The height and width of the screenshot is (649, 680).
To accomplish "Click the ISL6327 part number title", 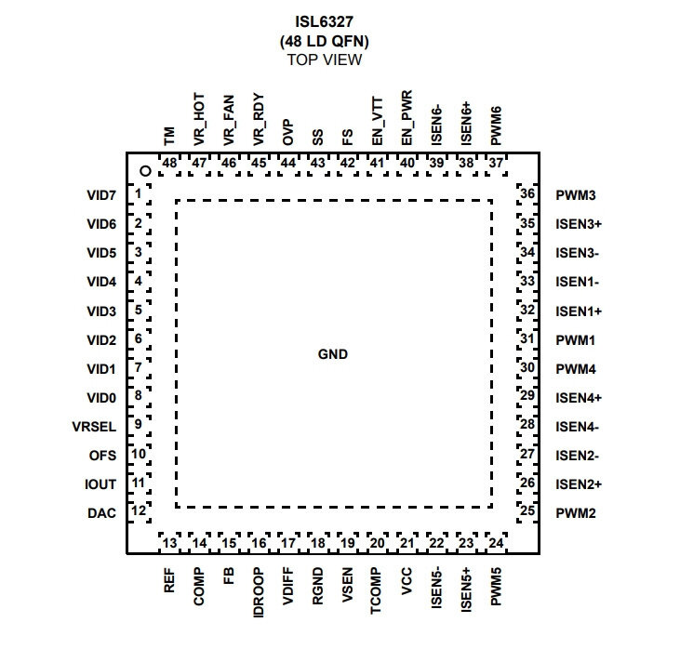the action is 324,21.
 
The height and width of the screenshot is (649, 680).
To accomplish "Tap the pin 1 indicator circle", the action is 146,171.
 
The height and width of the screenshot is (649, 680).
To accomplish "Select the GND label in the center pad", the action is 333,354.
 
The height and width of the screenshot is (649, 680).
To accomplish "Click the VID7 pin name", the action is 101,195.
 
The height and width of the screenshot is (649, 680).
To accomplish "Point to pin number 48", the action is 169,163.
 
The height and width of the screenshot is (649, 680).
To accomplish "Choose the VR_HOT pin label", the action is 199,119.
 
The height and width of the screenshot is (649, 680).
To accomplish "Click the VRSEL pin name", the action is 94,427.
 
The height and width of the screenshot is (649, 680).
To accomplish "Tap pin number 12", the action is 139,510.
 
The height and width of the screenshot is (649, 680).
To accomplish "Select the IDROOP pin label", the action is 259,592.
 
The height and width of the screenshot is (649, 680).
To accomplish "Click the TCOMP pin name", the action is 376,590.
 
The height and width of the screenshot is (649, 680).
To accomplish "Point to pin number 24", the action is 496,543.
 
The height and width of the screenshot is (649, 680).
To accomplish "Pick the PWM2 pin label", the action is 576,513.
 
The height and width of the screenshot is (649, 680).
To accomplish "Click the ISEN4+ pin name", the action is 579,398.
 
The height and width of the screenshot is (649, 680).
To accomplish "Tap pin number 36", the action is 527,193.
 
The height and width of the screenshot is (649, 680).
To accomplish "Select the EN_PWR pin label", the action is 407,118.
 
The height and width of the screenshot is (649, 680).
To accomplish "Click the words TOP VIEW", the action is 325,60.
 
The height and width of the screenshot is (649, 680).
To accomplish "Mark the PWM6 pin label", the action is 496,126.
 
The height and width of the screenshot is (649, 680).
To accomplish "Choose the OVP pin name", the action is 288,133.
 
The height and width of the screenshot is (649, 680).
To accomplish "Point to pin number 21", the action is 407,543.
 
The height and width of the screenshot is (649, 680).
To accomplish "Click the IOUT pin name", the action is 100,484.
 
